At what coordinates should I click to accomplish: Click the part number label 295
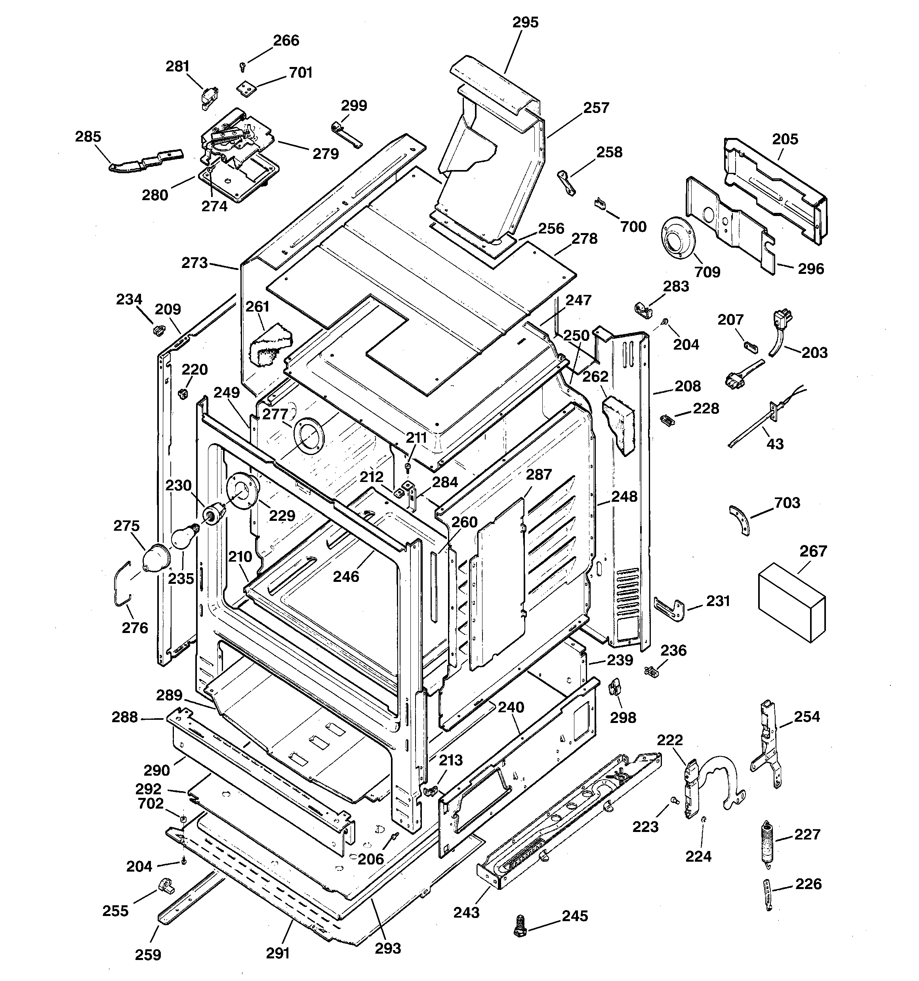coord(525,23)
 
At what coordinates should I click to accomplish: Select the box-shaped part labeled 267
coord(791,602)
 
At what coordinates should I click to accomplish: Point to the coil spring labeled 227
coord(766,841)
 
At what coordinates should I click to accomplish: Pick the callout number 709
coord(707,272)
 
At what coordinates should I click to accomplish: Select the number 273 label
coord(194,263)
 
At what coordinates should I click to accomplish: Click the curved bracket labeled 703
coord(740,520)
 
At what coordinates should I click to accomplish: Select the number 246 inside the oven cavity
coord(346,576)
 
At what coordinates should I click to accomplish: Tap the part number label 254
coord(807,717)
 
